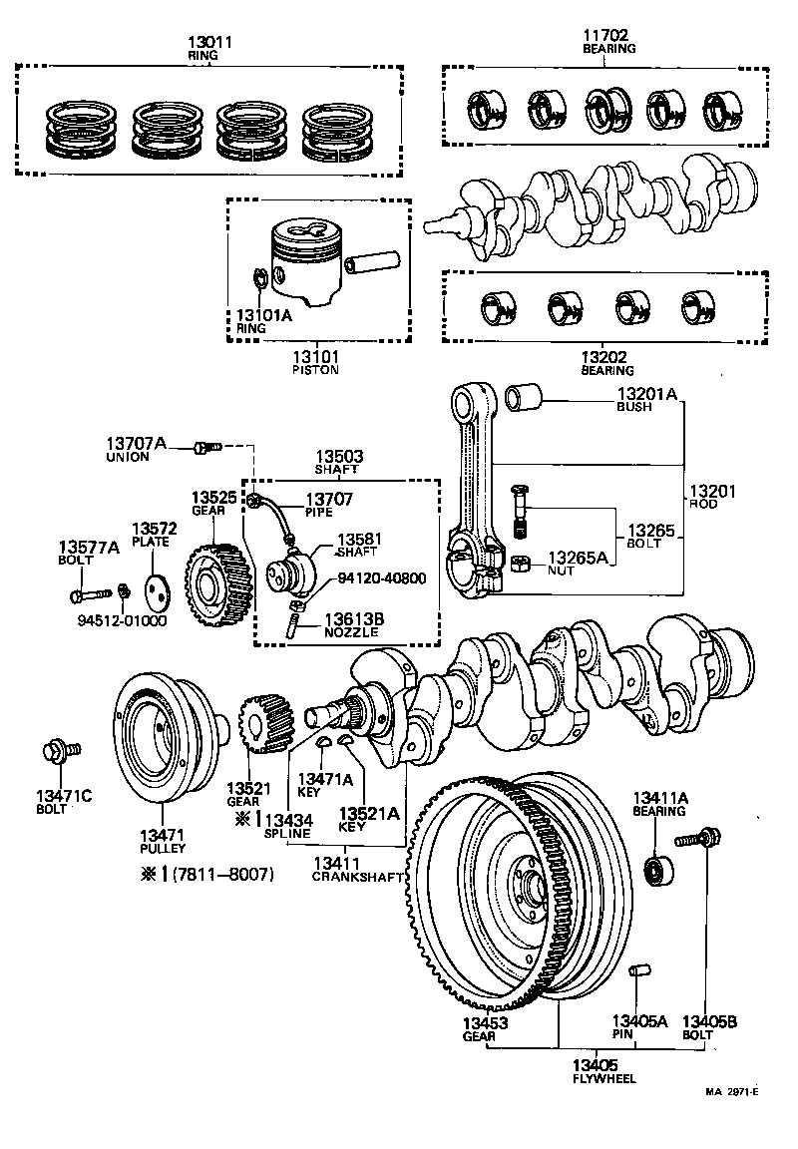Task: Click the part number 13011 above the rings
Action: click(209, 43)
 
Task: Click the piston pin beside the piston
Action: click(373, 261)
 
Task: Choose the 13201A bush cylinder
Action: click(525, 399)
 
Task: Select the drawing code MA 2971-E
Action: click(732, 1091)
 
